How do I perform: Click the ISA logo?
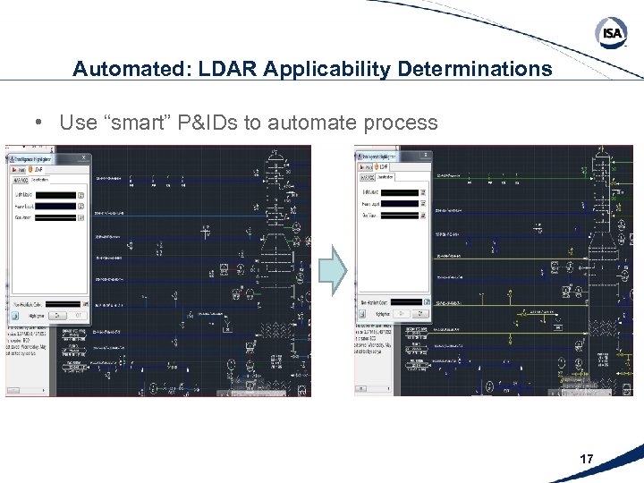pyautogui.click(x=611, y=33)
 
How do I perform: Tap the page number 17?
pyautogui.click(x=587, y=459)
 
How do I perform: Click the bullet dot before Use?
pyautogui.click(x=41, y=123)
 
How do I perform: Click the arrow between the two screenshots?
pyautogui.click(x=332, y=270)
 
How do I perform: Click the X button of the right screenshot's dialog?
pyautogui.click(x=426, y=157)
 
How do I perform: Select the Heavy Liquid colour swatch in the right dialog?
pyautogui.click(x=401, y=203)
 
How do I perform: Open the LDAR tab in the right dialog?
pyautogui.click(x=383, y=167)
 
